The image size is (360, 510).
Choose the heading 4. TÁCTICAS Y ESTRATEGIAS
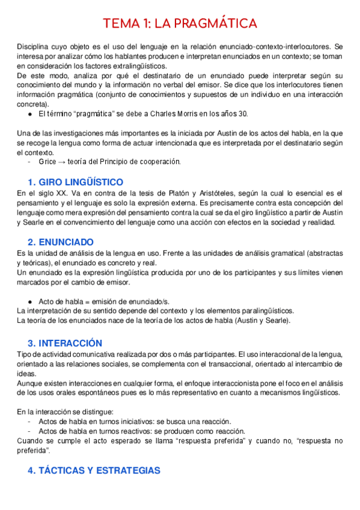click(x=94, y=470)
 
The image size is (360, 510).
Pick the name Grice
click(x=47, y=162)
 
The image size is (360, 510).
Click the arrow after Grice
click(x=63, y=162)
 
